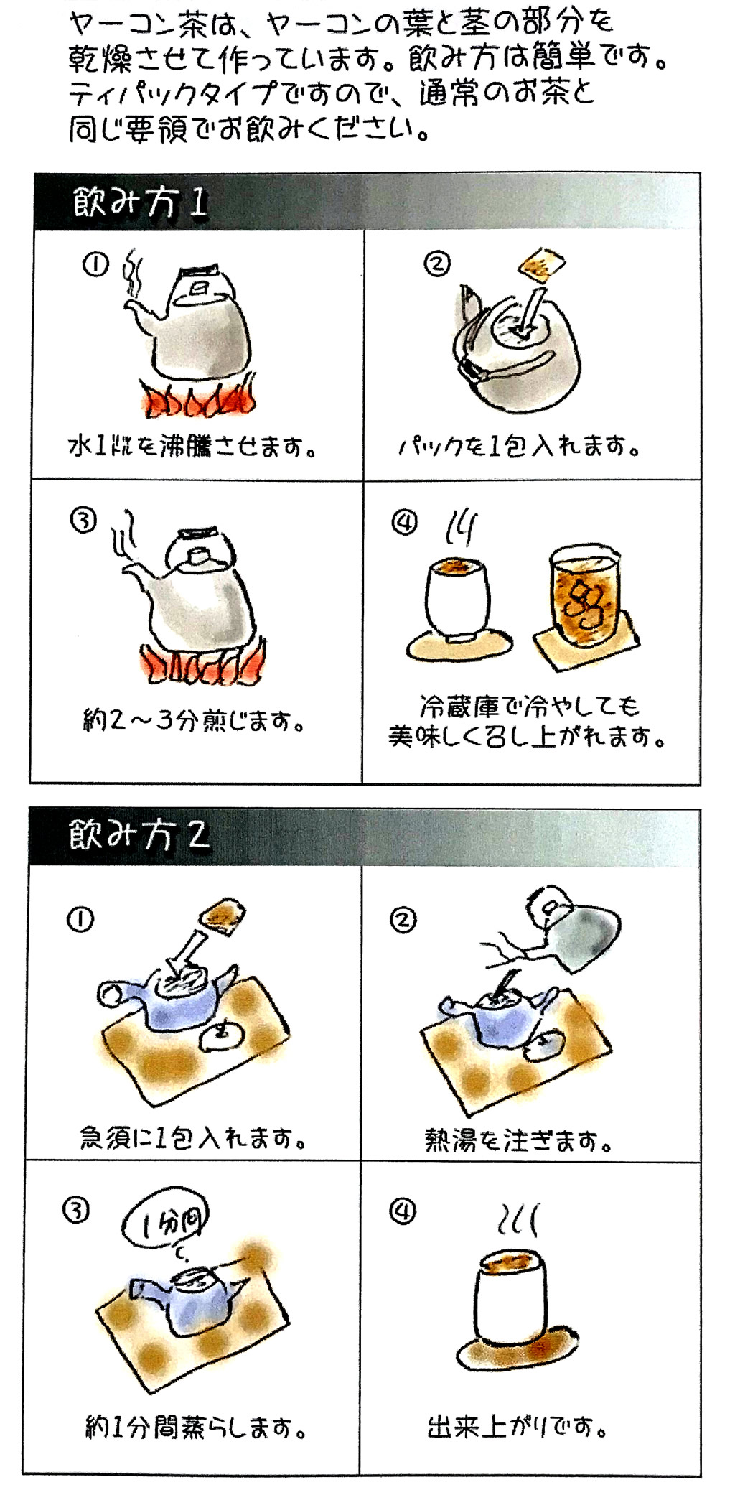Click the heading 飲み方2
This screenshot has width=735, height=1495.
point(139,836)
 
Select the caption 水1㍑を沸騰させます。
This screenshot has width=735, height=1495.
point(192,447)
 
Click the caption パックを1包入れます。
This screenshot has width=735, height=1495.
point(519,447)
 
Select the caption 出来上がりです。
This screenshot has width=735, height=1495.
point(517,1426)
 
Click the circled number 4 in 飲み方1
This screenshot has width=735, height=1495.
point(404,523)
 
